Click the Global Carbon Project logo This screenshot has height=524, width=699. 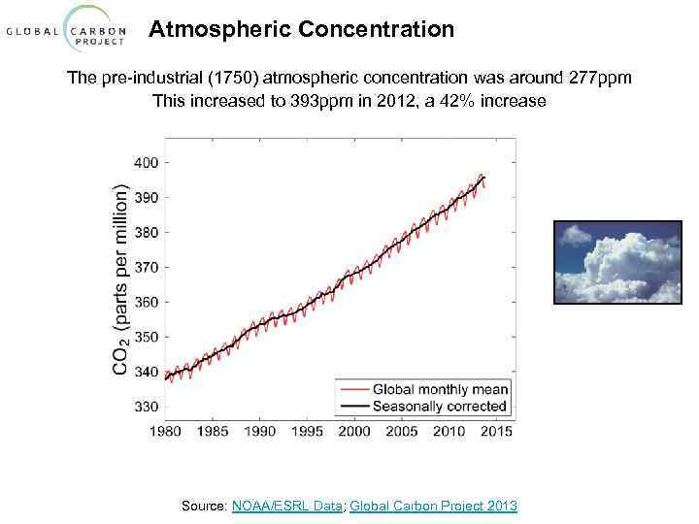(x=67, y=31)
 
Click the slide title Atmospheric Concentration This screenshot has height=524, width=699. (x=301, y=30)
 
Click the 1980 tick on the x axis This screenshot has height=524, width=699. (x=166, y=431)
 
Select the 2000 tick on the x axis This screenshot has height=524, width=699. (x=355, y=431)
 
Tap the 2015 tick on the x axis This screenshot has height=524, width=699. (x=497, y=431)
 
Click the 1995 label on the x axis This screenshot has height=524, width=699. (x=308, y=431)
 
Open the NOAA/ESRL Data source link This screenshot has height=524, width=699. (x=287, y=506)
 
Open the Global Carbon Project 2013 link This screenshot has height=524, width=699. (x=433, y=506)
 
